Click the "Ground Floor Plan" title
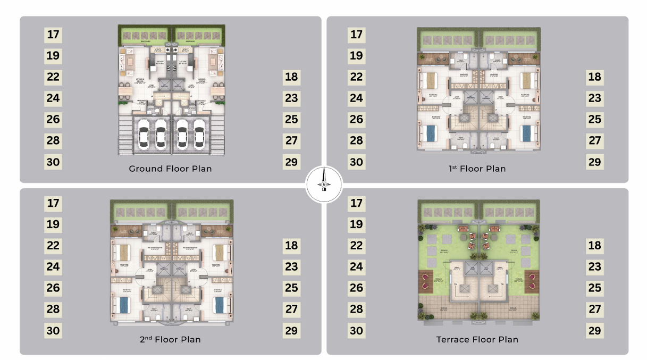click(x=170, y=169)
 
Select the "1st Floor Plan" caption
click(x=477, y=169)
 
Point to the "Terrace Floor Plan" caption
click(x=477, y=339)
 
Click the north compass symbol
click(x=324, y=185)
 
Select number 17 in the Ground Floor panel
click(x=53, y=35)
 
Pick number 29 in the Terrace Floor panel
click(x=594, y=331)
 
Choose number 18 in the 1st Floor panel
click(x=594, y=77)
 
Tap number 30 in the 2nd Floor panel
click(x=53, y=331)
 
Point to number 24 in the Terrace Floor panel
click(x=356, y=267)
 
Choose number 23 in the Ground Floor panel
click(x=291, y=98)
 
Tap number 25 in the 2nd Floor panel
click(x=291, y=288)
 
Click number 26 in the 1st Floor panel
click(x=356, y=120)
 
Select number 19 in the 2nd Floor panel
click(x=53, y=224)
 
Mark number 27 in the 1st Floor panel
click(x=594, y=141)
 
